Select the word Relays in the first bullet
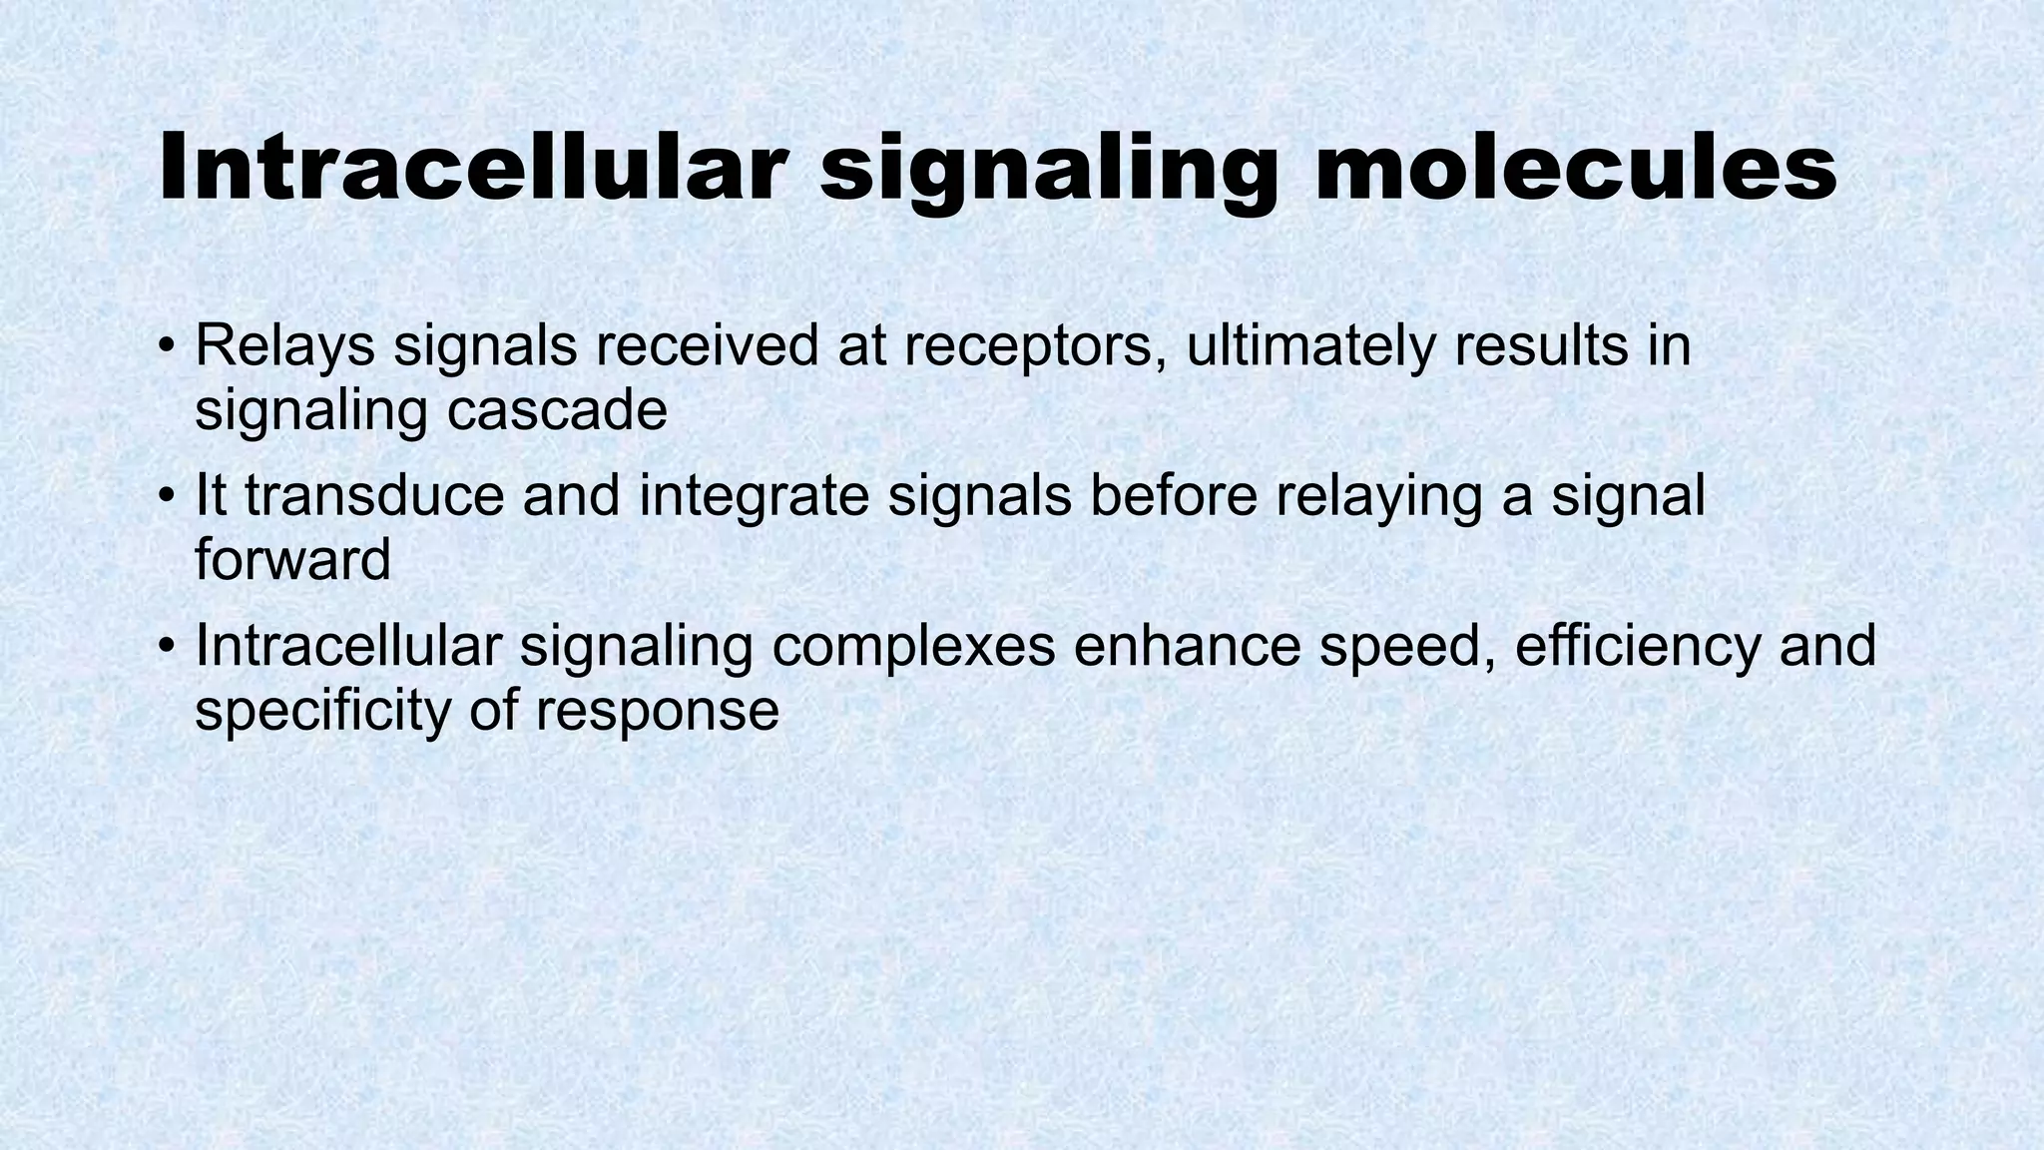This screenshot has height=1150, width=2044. click(x=284, y=346)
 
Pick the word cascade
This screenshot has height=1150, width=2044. click(x=557, y=410)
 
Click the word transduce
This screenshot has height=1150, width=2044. click(x=374, y=496)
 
